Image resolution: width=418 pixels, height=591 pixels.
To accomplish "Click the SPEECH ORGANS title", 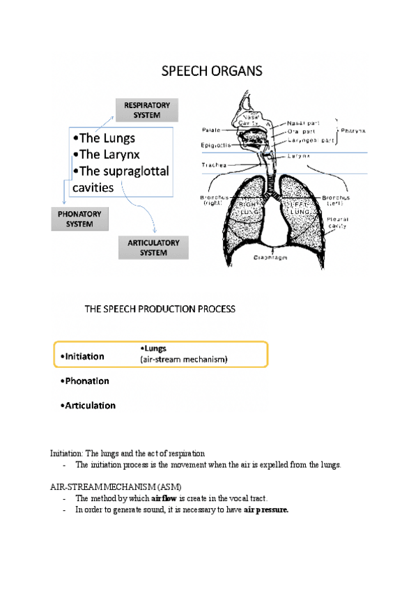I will (212, 71).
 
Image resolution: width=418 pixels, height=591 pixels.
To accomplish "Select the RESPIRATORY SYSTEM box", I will (147, 110).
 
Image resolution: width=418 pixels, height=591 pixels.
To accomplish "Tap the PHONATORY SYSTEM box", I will (80, 220).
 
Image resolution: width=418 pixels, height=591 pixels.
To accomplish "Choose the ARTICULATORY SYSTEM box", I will (153, 248).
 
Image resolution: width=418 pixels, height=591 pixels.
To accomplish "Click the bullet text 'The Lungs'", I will (107, 138).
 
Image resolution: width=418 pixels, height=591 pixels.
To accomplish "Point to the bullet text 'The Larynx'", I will (110, 154).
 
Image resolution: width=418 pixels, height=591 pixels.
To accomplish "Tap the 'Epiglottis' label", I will (212, 145).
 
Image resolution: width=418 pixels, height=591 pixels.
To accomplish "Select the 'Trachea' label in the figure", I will (212, 165).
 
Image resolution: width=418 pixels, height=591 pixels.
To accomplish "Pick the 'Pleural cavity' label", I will (337, 222).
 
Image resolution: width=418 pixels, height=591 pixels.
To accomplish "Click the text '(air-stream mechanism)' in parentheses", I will (184, 360).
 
